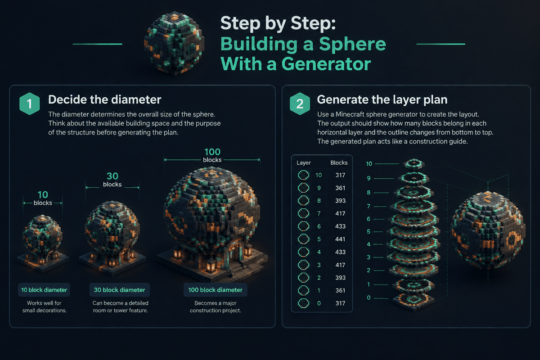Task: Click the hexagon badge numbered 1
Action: click(30, 103)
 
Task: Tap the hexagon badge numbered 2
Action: click(300, 103)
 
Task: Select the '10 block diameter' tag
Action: click(44, 290)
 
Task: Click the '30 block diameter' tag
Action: click(119, 290)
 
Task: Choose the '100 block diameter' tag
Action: click(215, 290)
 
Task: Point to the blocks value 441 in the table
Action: click(340, 239)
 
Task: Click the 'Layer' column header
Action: click(303, 163)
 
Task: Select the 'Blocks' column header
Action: click(339, 163)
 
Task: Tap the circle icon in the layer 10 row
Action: click(303, 175)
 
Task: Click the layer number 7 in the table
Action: click(319, 214)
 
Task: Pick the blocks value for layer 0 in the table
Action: click(340, 303)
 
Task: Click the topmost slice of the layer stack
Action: click(414, 164)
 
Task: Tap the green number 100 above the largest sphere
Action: click(212, 152)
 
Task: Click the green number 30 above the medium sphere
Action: click(112, 176)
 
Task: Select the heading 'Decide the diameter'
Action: click(104, 99)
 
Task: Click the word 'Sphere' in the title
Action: click(352, 44)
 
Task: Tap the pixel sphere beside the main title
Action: click(174, 43)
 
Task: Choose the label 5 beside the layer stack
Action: click(369, 232)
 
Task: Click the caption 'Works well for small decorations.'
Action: click(45, 307)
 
